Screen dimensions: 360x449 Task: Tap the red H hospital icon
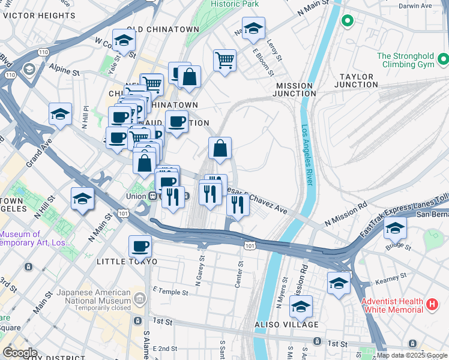(432, 305)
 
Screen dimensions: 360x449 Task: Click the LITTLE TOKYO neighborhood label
(127, 262)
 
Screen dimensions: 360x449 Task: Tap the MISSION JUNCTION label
(295, 89)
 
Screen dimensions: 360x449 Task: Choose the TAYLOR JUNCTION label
(358, 81)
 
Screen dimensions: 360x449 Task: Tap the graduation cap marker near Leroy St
(253, 28)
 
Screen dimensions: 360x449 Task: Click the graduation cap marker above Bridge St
(395, 228)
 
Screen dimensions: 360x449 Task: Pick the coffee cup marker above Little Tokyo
(140, 246)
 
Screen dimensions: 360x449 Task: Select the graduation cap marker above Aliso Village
(301, 307)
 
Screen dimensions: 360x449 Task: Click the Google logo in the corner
(19, 352)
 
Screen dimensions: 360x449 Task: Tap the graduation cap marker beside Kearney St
(339, 283)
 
